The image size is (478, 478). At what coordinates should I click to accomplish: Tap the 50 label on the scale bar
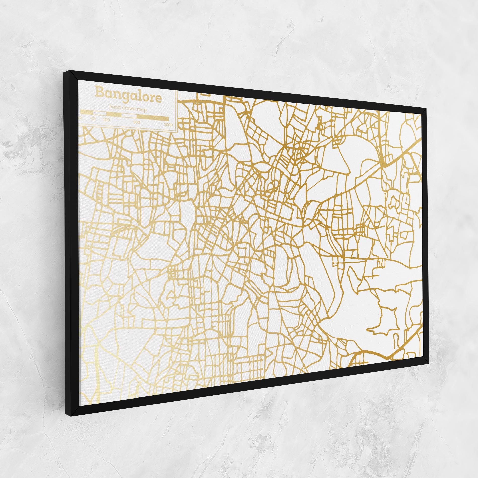pos(93,119)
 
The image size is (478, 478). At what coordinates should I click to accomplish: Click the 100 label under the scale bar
pos(106,120)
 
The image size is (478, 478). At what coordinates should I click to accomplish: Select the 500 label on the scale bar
pos(137,122)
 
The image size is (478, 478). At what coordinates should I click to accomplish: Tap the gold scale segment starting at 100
pos(114,115)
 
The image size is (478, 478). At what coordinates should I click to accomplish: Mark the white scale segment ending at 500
pos(129,116)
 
